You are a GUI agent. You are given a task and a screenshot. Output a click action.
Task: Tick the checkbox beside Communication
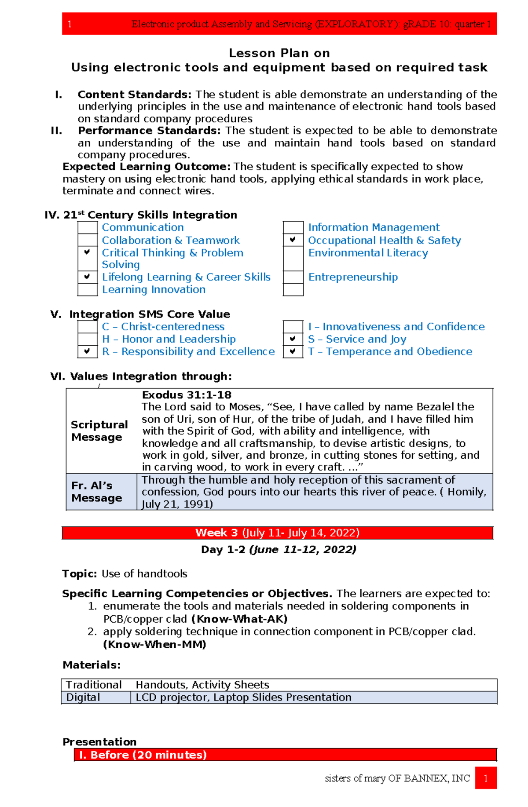pos(87,227)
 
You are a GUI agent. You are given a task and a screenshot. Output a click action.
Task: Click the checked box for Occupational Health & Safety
pos(293,240)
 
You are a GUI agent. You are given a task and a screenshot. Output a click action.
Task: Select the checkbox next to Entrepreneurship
pos(293,277)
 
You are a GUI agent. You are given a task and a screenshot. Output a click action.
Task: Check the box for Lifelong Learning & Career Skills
pos(87,277)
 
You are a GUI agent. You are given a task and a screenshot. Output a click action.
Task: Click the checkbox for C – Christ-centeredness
pos(87,327)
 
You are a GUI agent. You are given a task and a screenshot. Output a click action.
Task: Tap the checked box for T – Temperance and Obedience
pos(293,351)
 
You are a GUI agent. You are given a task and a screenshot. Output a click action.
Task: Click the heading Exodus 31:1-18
pos(187,395)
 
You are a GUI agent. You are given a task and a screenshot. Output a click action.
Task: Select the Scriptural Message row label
pos(99,431)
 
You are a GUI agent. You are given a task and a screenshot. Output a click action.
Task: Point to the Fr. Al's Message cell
pos(97,492)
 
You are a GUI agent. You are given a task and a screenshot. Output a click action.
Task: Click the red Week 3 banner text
pos(277,533)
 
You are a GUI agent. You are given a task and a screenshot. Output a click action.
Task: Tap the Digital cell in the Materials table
pos(83,697)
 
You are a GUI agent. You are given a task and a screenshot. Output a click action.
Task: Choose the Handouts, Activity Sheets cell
pos(202,685)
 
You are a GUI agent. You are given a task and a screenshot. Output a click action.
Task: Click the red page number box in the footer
pos(485,778)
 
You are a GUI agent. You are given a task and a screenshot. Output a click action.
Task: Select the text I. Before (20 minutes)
pos(143,755)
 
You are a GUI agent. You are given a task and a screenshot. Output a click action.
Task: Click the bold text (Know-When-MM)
pos(154,644)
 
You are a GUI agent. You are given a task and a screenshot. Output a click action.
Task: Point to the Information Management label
pos(374,227)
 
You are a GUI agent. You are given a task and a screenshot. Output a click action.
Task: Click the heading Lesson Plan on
pos(279,53)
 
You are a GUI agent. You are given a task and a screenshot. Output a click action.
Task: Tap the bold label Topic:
pos(79,573)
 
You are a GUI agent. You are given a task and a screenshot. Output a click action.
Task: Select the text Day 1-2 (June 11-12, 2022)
pos(279,549)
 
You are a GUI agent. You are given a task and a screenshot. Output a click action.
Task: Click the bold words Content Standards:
pos(134,95)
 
